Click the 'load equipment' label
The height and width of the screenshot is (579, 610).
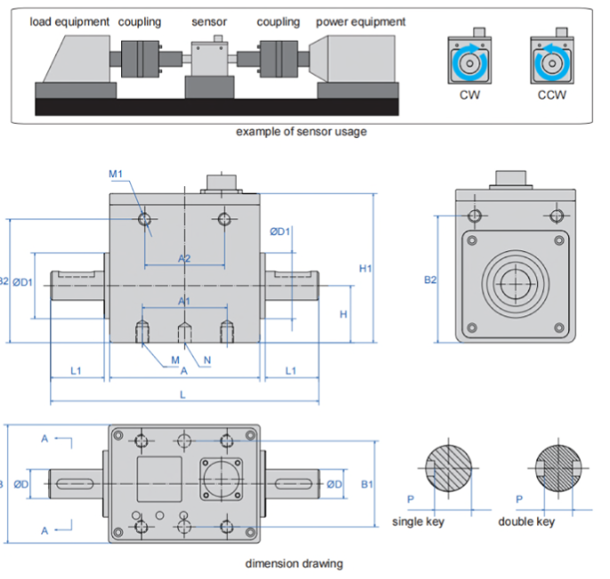pos(70,21)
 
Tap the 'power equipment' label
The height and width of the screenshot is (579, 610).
pos(361,21)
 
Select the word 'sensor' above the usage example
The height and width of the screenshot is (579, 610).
pos(210,21)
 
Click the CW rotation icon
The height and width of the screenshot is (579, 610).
pos(469,62)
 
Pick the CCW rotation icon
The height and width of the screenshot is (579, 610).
pos(551,62)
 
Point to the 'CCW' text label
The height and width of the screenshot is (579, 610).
pos(551,95)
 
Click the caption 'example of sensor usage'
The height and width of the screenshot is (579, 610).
pos(301,132)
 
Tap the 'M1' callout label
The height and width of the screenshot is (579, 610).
pos(116,174)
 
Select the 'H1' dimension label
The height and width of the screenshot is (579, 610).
pos(365,268)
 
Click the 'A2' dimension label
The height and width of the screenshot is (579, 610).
pos(184,258)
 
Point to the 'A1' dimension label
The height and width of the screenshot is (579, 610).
pos(184,302)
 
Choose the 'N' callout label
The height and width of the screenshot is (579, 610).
pos(207,360)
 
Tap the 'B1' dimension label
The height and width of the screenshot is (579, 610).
pos(367,485)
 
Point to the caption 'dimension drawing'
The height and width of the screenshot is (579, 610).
pos(294,563)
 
